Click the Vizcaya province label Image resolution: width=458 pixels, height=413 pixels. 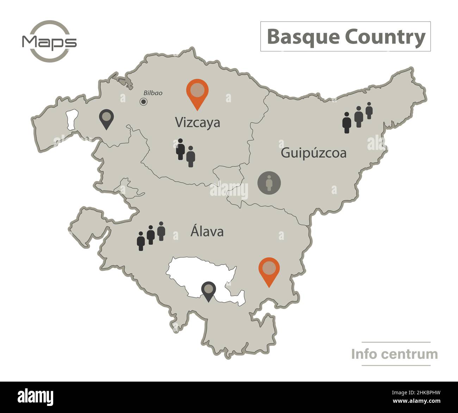click(x=198, y=123)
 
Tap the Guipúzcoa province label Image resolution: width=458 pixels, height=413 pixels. click(x=313, y=153)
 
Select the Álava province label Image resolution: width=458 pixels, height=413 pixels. click(x=207, y=232)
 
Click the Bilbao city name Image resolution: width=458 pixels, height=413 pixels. click(x=153, y=93)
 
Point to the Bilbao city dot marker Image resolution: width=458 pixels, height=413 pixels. click(x=143, y=102)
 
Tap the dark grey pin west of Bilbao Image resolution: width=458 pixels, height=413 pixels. click(x=106, y=118)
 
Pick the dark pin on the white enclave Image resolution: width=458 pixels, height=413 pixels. click(x=209, y=290)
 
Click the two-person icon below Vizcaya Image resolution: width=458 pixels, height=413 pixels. click(x=186, y=152)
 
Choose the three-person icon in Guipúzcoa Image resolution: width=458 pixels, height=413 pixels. click(x=358, y=117)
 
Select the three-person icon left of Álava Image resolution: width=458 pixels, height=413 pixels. click(x=151, y=236)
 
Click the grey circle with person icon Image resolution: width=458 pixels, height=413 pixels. click(x=269, y=183)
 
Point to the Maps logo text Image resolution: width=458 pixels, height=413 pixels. click(x=49, y=42)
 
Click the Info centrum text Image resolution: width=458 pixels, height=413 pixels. click(x=394, y=354)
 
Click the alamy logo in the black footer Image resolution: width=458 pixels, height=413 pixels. click(x=36, y=396)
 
